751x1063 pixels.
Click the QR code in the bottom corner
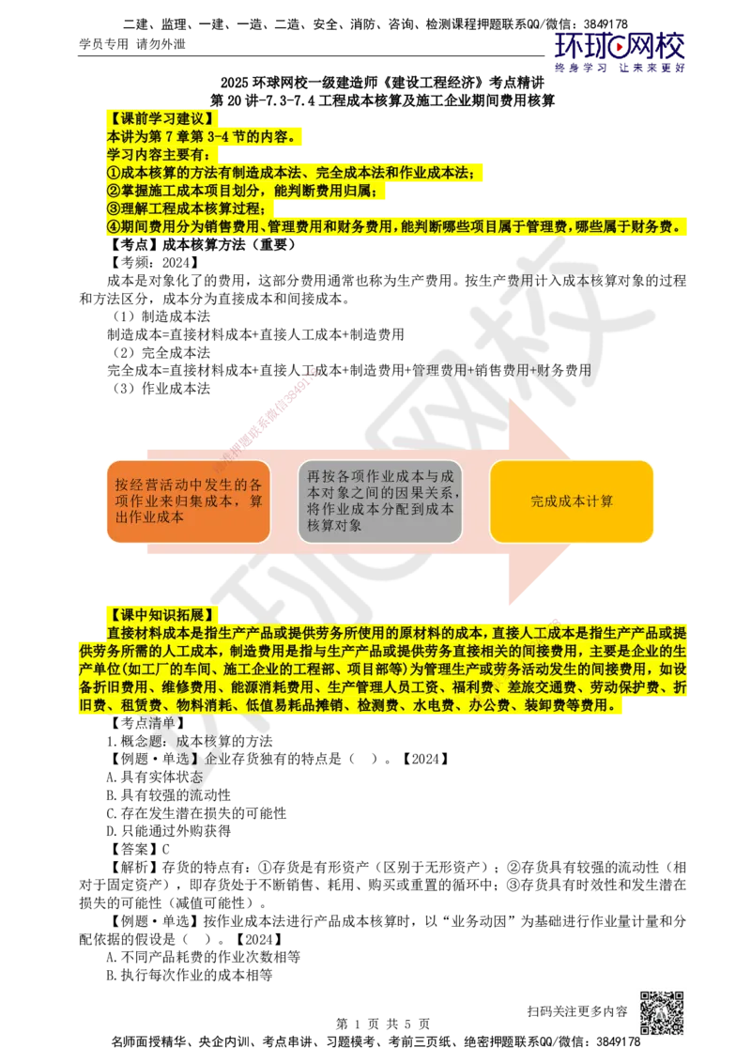coord(660,1014)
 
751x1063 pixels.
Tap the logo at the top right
coord(620,53)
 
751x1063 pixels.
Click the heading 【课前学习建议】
coord(161,118)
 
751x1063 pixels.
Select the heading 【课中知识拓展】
coord(161,615)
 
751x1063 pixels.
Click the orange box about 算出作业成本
coord(188,501)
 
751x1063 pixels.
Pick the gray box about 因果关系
coord(380,501)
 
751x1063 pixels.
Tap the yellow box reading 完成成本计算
coord(571,501)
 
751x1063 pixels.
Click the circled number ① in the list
coord(114,173)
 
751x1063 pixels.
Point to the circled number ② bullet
coord(114,192)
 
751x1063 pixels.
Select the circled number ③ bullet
coord(114,209)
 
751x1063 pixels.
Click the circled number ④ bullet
coord(114,227)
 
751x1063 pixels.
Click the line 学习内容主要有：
coord(159,155)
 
